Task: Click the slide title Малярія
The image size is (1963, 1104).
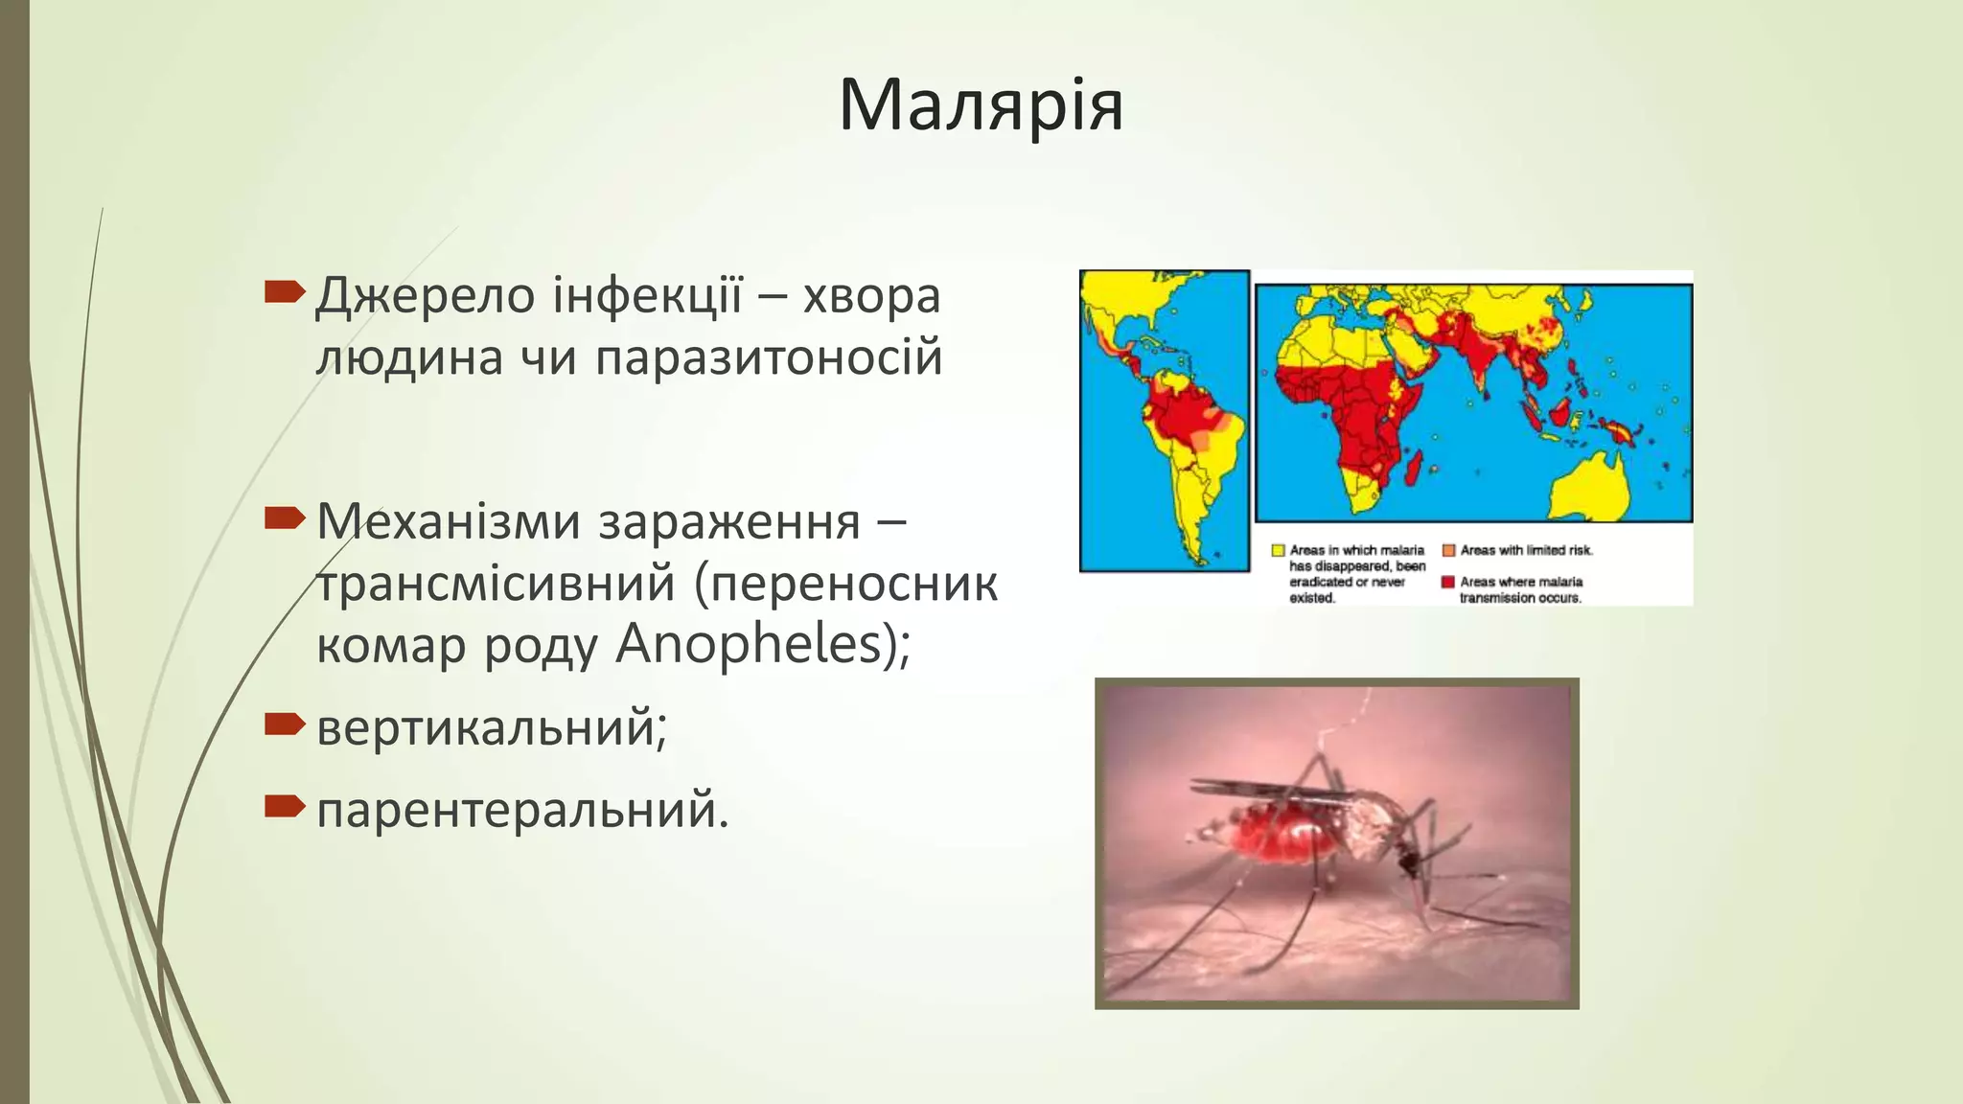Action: point(981,105)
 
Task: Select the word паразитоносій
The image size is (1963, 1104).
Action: point(769,358)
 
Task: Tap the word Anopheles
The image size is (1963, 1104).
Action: point(749,644)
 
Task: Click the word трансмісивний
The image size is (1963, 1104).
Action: point(496,584)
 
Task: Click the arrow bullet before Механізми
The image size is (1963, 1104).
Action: point(284,519)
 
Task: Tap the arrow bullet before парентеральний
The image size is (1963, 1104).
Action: point(284,807)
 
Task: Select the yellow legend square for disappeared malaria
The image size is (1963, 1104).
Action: point(1278,550)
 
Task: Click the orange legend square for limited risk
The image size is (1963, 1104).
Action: point(1448,550)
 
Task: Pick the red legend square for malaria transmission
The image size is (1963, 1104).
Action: point(1448,582)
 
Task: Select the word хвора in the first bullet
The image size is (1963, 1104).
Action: point(871,296)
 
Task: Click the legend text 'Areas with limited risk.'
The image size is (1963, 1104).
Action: point(1526,550)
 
